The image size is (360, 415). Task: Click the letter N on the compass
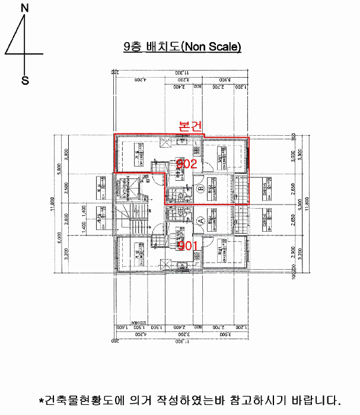click(x=24, y=8)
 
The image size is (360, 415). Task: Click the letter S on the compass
click(x=25, y=81)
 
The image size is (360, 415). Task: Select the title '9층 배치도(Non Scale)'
click(x=182, y=47)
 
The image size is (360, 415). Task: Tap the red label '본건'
click(x=191, y=126)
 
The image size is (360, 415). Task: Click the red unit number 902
click(x=186, y=164)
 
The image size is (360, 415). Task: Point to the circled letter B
click(x=200, y=190)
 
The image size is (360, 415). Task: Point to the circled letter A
click(x=200, y=219)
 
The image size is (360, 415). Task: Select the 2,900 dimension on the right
click(x=292, y=251)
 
